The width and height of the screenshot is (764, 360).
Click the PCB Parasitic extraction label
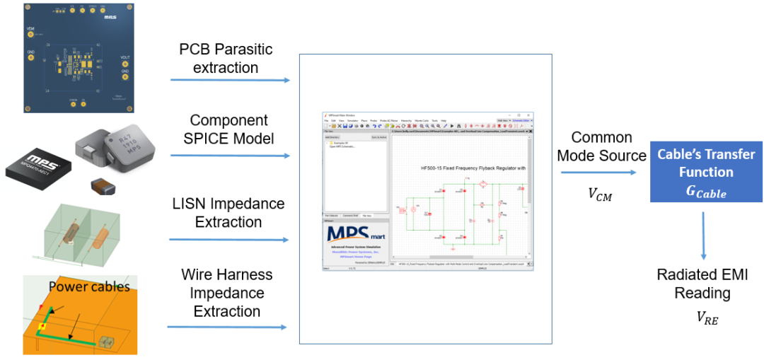click(226, 59)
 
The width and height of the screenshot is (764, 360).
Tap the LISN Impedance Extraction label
click(228, 213)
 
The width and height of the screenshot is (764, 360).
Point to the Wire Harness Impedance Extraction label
click(226, 293)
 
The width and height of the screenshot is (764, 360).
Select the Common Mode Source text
click(601, 146)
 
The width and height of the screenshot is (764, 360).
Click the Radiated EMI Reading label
click(702, 284)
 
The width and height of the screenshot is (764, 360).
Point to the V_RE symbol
click(707, 319)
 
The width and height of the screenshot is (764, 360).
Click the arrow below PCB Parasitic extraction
click(230, 80)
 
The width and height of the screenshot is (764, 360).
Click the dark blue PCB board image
click(79, 56)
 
